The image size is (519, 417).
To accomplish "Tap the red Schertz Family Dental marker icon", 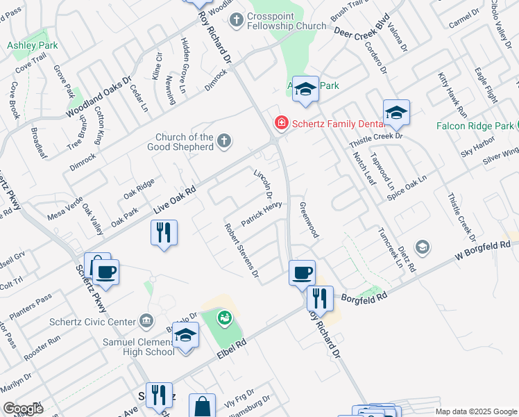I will (282, 123).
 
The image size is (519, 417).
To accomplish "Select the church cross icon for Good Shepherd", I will (223, 141).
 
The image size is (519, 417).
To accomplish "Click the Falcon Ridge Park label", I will (475, 126).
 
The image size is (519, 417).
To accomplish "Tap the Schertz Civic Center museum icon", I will (146, 320).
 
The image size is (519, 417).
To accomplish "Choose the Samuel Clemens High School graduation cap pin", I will (185, 336).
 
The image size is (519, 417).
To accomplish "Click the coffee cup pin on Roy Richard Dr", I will (302, 272).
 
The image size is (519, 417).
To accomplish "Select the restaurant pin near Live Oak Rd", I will (164, 232).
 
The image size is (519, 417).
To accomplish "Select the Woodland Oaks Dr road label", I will (98, 97).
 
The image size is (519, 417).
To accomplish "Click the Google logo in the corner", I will (23, 409).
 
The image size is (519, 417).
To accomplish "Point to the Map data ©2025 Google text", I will (475, 411).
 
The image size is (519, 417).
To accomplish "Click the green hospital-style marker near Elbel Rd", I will (224, 318).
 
